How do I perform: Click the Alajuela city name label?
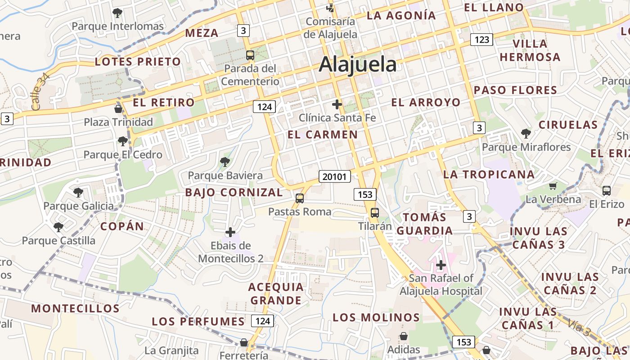point(358,65)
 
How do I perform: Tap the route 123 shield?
point(481,40)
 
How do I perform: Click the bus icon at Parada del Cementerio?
point(250,55)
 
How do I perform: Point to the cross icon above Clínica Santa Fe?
point(337,104)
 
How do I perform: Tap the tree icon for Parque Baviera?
point(225,162)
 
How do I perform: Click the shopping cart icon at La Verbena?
point(553,186)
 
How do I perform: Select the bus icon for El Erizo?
point(606,190)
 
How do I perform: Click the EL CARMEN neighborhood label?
point(322,135)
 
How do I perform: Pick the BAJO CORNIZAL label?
point(234,193)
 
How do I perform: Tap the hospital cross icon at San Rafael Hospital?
point(441,265)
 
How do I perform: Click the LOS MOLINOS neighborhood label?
point(376,317)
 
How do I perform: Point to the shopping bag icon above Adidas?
point(404,336)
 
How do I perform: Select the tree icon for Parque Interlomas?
point(117,13)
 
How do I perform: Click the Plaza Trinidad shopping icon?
point(118,108)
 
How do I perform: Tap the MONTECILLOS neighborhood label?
point(75,309)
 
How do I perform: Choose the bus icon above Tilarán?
point(374,212)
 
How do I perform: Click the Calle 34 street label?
point(40,92)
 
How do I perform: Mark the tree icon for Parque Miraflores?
point(525,133)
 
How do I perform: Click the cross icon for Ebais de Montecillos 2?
point(230,232)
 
